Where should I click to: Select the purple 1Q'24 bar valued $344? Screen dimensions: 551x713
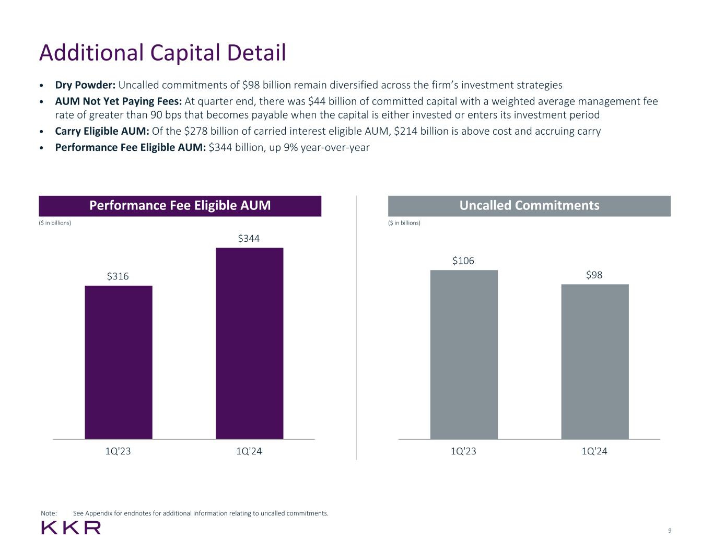click(249, 343)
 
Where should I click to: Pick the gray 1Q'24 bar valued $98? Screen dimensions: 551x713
click(595, 361)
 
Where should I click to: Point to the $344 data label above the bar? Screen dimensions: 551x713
click(249, 239)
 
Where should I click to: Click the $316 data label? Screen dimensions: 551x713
click(118, 276)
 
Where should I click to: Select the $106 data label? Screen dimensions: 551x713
click(463, 261)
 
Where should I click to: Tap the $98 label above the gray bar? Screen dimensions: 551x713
click(594, 275)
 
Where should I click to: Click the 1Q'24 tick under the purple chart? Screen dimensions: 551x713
click(249, 451)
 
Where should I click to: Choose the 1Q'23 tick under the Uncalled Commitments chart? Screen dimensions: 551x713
click(463, 451)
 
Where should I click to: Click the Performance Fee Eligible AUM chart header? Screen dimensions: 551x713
click(180, 206)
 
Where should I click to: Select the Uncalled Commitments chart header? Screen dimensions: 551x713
click(529, 206)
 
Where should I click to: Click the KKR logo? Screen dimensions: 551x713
click(71, 527)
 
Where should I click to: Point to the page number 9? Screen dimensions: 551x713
click(670, 531)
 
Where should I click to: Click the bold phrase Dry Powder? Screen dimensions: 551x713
click(85, 85)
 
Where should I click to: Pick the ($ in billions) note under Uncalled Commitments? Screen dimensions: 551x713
click(404, 223)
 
